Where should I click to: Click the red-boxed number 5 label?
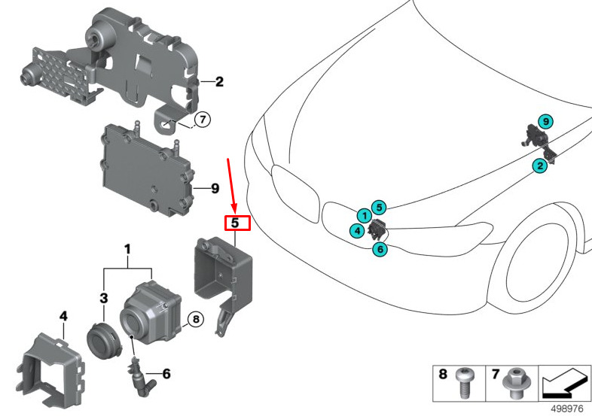235,223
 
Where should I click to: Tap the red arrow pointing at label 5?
233,185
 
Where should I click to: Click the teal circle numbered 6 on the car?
380,249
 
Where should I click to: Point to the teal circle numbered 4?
355,230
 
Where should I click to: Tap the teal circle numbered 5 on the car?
380,206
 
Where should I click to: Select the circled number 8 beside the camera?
194,319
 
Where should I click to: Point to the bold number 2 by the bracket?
219,82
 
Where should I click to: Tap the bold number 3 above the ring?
104,299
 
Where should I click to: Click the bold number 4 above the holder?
63,315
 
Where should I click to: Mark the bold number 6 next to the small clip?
166,372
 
